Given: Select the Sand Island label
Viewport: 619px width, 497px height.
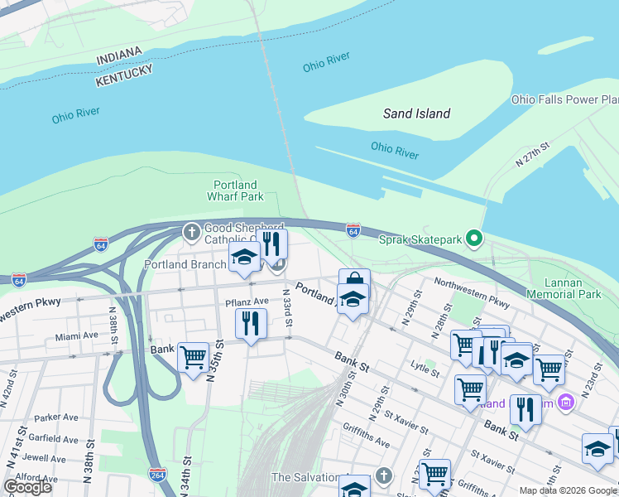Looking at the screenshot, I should point(416,113).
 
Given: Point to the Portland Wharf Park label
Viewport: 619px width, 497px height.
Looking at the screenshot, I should point(235,191).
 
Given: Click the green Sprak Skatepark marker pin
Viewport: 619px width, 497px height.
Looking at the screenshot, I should point(474,239).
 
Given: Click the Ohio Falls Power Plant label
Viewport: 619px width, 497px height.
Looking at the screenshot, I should point(565,99).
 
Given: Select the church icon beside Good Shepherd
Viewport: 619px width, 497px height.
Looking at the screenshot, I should point(191,231).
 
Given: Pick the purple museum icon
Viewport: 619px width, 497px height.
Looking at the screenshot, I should point(566,403).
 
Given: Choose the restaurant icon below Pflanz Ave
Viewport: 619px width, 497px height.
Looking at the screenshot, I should point(251,322).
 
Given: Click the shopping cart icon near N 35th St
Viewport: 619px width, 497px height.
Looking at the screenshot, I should point(193,358).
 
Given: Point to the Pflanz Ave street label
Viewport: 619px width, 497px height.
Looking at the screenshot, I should point(247,302).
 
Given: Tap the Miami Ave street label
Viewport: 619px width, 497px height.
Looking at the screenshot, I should point(76,336).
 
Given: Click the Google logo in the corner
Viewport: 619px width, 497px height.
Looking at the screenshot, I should point(27,486).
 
